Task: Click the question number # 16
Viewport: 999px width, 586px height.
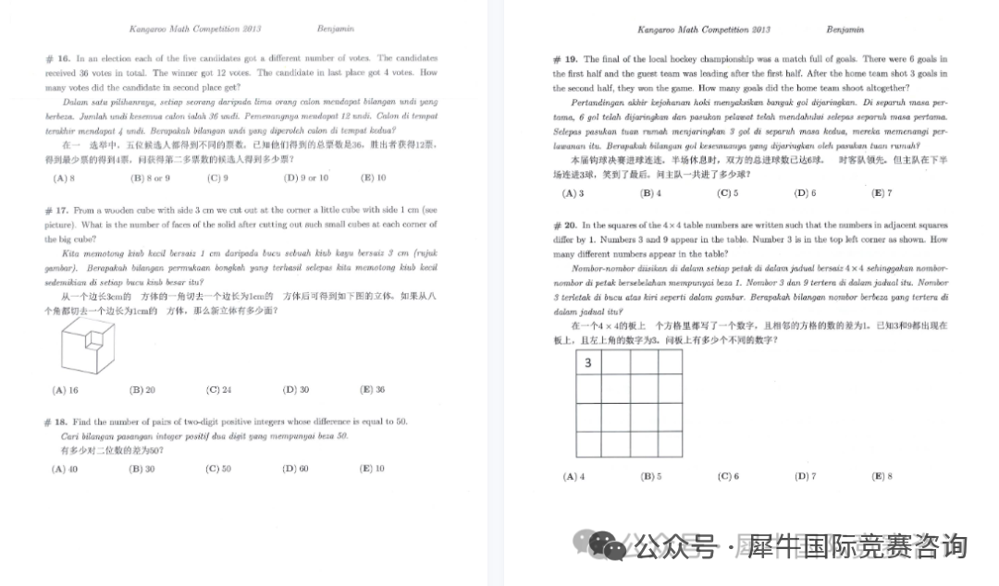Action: tap(55, 58)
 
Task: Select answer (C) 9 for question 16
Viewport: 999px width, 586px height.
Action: tap(218, 177)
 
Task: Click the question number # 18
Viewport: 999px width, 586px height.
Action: tap(55, 421)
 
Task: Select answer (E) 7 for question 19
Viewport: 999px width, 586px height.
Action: tap(882, 193)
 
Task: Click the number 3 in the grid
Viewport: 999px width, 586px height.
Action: tap(588, 363)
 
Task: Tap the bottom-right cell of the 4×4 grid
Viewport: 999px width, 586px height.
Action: tap(670, 444)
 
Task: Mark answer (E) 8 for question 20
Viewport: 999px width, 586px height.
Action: tap(882, 477)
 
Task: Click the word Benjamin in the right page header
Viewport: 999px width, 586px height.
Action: tap(844, 30)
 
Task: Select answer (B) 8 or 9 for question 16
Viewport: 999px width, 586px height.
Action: tap(150, 177)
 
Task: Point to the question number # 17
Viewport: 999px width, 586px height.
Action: tap(55, 210)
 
